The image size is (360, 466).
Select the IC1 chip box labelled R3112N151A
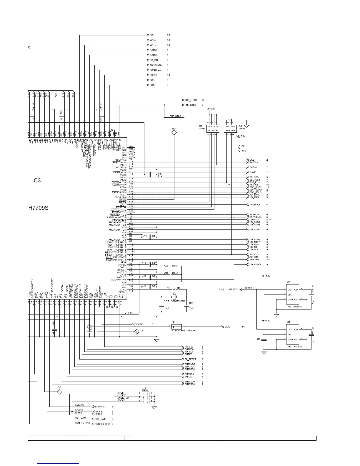pyautogui.click(x=292, y=334)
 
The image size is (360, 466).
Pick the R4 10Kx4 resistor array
pyautogui.click(x=230, y=128)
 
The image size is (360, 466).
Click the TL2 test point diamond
pyautogui.click(x=174, y=133)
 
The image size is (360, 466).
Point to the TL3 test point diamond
pyautogui.click(x=136, y=332)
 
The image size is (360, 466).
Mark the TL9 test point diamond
pyautogui.click(x=59, y=392)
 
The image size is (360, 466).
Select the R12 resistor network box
pyautogui.click(x=146, y=397)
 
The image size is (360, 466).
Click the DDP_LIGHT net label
pyautogui.click(x=191, y=100)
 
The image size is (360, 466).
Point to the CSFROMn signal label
pyautogui.click(x=155, y=70)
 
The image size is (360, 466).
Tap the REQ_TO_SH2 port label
pyautogui.click(x=102, y=424)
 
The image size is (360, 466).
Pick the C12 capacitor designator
pyautogui.click(x=160, y=174)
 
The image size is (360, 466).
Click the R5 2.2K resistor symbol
pyautogui.click(x=239, y=148)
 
